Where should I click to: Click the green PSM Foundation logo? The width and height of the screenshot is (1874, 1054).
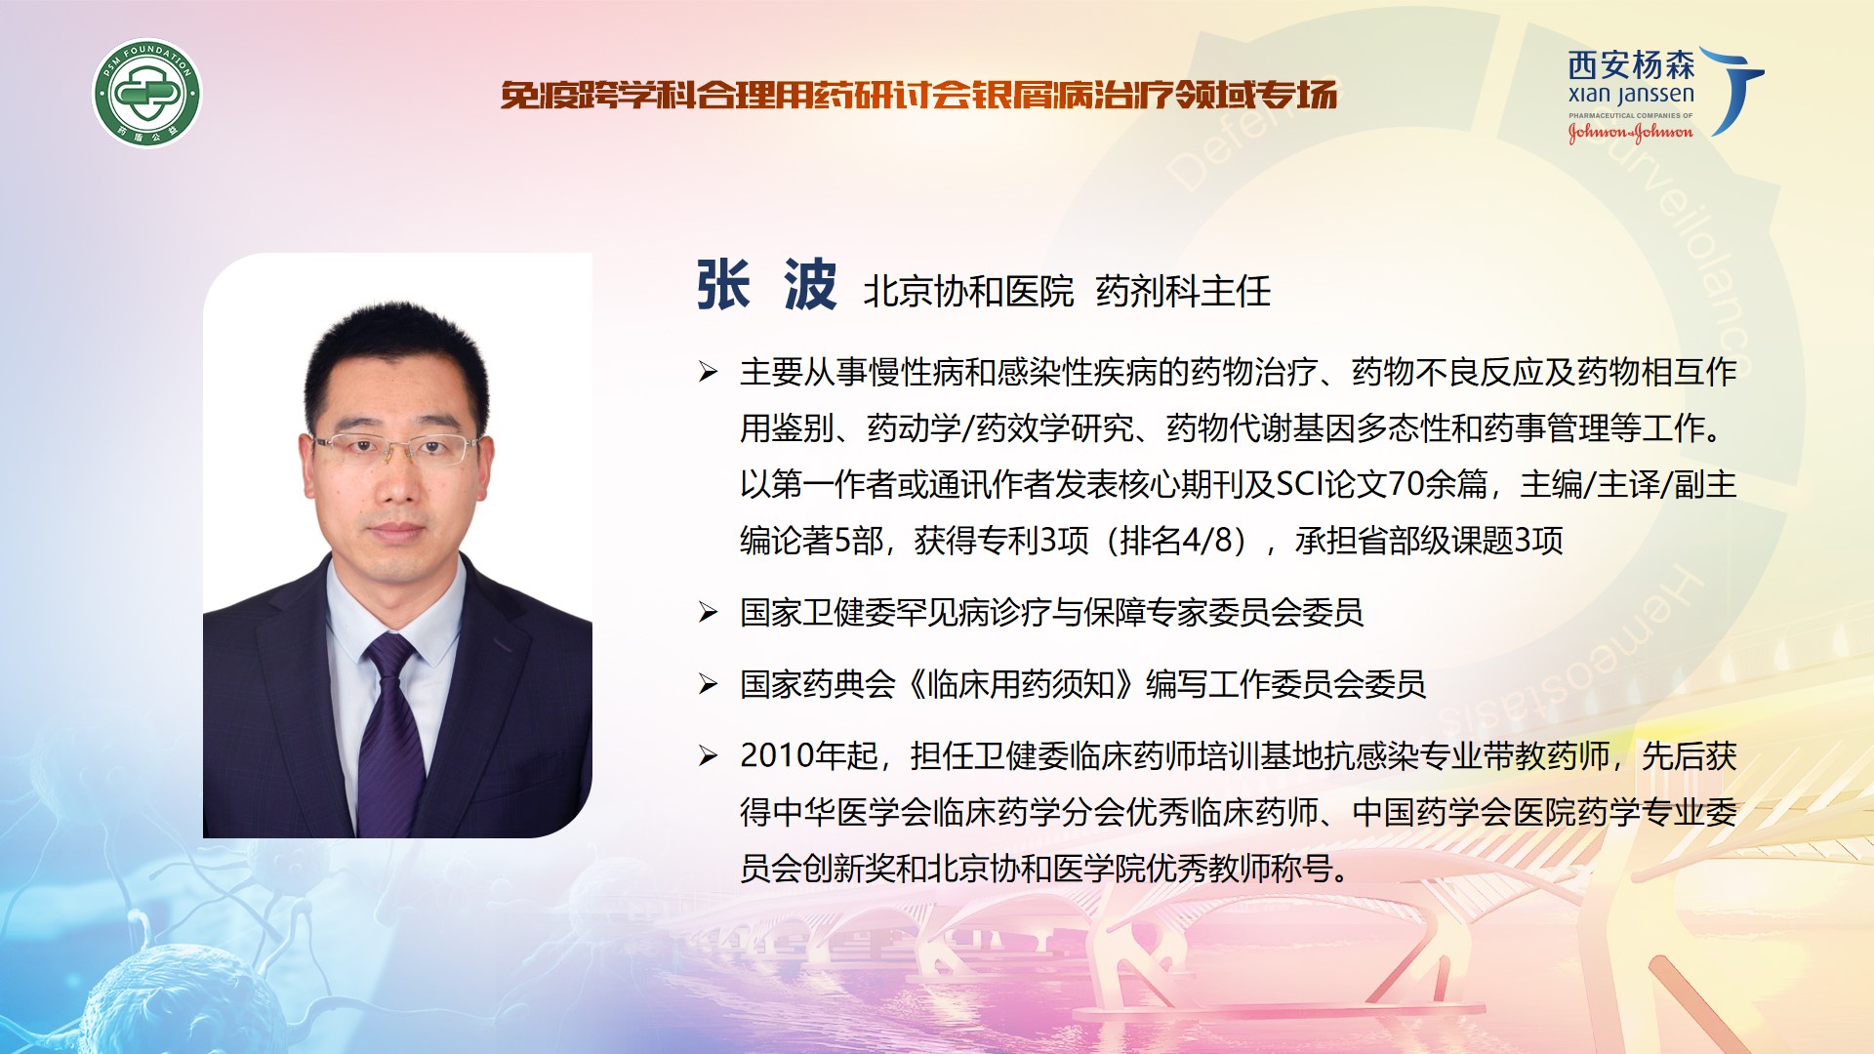[147, 94]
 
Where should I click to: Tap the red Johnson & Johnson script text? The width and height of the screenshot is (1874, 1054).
[1630, 132]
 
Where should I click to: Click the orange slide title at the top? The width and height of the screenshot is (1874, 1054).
[918, 95]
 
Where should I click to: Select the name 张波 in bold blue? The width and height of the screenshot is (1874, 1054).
[766, 286]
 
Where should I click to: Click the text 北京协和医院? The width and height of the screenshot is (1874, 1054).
[968, 291]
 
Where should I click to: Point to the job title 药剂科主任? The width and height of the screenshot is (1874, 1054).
[1183, 291]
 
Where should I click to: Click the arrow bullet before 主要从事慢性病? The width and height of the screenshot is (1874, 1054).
[709, 372]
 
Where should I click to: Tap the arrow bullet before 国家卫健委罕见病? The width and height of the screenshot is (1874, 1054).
[709, 612]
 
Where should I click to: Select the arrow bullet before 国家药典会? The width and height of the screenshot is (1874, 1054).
[709, 684]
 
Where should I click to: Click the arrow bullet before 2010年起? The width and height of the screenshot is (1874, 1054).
[709, 755]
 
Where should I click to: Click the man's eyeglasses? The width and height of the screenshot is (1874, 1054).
[395, 448]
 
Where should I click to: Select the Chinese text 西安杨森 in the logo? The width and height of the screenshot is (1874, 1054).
[1631, 65]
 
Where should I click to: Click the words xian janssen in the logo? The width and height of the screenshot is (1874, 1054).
[1631, 96]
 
